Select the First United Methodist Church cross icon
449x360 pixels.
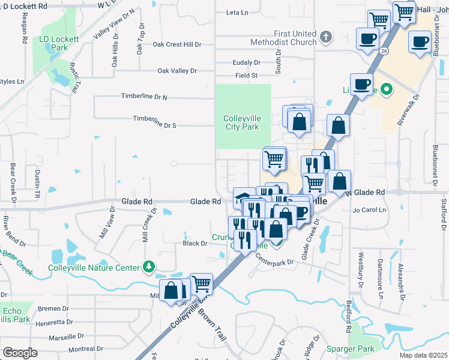click(325, 37)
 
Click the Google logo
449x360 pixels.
click(20, 353)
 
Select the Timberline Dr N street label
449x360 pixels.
click(144, 97)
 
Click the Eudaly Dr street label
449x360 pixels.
click(247, 62)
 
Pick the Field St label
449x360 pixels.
click(246, 76)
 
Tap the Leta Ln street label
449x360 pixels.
click(237, 12)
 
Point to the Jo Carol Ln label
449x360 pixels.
click(370, 210)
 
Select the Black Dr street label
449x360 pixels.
click(194, 244)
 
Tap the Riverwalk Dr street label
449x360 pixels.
click(408, 109)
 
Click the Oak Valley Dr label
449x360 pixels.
click(177, 71)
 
